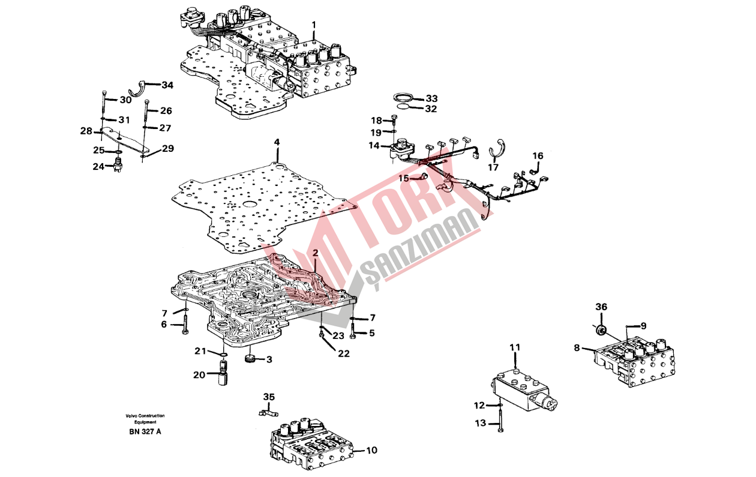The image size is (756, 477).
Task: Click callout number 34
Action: (167, 85)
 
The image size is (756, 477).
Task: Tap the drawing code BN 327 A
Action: (145, 432)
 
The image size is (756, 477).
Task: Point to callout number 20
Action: (199, 375)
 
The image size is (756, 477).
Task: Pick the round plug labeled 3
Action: (250, 359)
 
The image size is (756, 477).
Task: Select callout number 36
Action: (601, 307)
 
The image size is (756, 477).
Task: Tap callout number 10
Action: (371, 451)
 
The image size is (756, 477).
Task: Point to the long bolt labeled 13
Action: (500, 419)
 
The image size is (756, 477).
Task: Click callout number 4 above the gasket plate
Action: (277, 142)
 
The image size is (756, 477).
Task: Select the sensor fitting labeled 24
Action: (118, 164)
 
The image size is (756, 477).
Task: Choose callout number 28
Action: (86, 131)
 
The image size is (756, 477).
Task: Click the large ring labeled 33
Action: (403, 98)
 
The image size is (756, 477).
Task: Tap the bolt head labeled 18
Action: (394, 118)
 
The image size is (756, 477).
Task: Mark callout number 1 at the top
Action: (314, 25)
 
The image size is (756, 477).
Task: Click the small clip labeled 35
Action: (268, 413)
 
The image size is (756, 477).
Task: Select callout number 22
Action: (344, 353)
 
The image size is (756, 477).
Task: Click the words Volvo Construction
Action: (145, 416)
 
